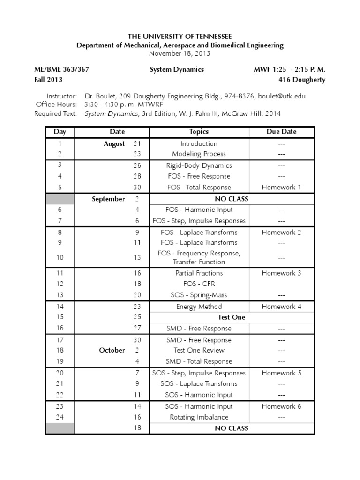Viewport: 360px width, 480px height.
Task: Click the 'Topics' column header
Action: [199, 132]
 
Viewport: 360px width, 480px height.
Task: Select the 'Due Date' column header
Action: [281, 132]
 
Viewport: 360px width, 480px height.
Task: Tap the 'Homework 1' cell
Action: [281, 187]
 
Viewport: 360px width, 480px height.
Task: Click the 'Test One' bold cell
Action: [232, 317]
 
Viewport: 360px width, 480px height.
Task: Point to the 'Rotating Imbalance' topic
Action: [199, 417]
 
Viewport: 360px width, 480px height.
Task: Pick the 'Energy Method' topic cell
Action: [199, 307]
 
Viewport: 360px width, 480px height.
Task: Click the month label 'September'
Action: [108, 199]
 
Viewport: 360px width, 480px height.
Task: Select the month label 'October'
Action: [112, 350]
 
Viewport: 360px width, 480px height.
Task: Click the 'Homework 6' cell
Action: [281, 406]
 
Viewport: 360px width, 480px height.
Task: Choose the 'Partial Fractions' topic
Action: [199, 273]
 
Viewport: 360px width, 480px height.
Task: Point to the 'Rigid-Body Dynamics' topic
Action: [199, 165]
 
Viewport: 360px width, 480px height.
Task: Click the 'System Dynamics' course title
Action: [177, 69]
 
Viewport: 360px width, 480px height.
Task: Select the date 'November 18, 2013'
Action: [180, 53]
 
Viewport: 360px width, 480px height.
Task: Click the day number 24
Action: [60, 417]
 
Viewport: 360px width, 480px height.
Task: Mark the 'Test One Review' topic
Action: [199, 350]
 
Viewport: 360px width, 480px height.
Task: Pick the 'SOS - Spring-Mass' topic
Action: [199, 295]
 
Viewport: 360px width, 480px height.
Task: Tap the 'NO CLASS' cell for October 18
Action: [232, 428]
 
